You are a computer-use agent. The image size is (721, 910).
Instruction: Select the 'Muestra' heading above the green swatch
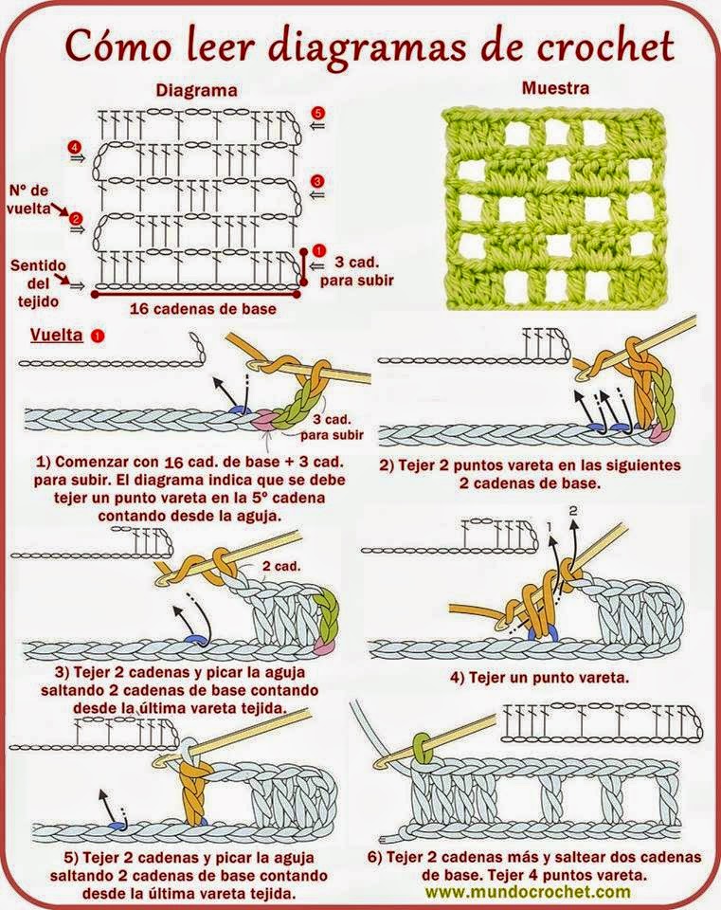pyautogui.click(x=555, y=89)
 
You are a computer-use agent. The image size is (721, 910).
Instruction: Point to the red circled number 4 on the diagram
pyautogui.click(x=75, y=147)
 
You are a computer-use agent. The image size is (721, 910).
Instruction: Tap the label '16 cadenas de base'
pyautogui.click(x=194, y=307)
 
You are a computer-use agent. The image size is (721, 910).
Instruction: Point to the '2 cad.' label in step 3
pyautogui.click(x=279, y=566)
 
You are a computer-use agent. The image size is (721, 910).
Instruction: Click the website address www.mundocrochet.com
pyautogui.click(x=527, y=892)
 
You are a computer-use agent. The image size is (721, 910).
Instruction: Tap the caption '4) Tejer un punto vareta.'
pyautogui.click(x=540, y=678)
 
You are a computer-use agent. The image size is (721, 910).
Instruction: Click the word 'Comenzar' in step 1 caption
pyautogui.click(x=97, y=462)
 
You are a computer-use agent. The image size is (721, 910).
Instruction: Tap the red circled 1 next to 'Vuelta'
pyautogui.click(x=98, y=336)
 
